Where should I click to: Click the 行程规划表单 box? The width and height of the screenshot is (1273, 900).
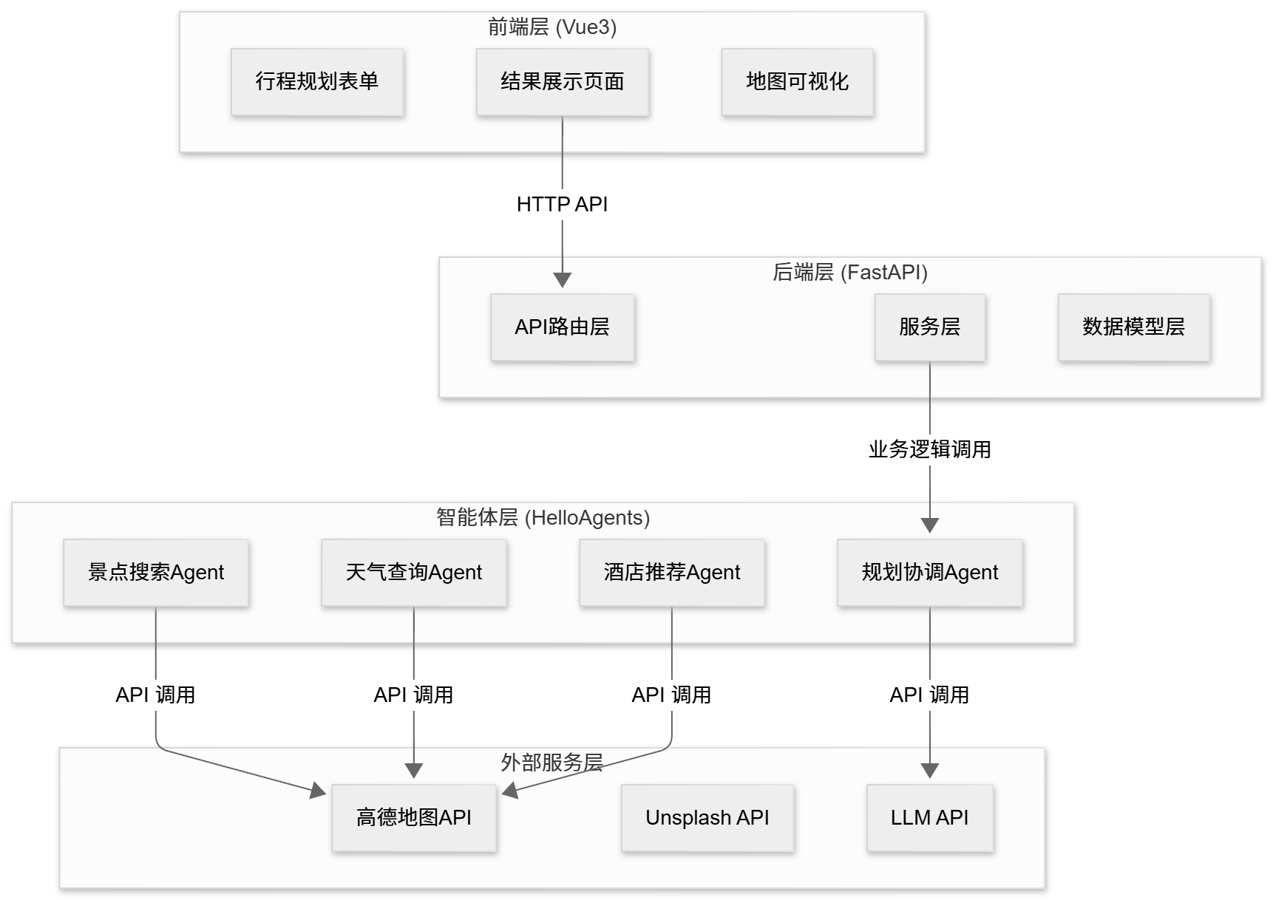(317, 81)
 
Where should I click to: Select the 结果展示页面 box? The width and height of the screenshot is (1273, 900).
(563, 81)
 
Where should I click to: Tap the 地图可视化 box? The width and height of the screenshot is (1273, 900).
(798, 81)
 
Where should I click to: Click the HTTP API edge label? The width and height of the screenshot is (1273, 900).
(563, 204)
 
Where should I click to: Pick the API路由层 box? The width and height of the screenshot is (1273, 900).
(563, 327)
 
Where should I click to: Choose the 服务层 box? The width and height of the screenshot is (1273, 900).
(930, 327)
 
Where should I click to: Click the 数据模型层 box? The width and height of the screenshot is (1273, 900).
(1134, 327)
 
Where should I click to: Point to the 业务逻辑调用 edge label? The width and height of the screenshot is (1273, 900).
(930, 449)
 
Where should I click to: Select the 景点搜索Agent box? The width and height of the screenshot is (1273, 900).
(156, 572)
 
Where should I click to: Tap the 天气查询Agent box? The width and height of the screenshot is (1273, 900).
(414, 572)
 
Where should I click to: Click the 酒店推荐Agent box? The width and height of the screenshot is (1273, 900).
(672, 572)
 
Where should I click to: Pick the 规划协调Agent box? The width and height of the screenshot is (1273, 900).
(930, 572)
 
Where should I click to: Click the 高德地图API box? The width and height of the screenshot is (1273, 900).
(414, 817)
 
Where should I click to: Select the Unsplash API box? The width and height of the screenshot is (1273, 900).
(707, 817)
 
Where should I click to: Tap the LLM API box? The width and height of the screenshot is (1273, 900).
(930, 817)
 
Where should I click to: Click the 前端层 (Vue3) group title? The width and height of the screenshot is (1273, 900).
(552, 27)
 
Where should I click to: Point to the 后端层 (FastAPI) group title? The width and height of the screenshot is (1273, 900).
(850, 273)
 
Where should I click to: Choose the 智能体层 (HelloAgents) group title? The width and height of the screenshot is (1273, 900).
(543, 518)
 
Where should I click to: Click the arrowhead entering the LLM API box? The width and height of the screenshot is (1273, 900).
(930, 771)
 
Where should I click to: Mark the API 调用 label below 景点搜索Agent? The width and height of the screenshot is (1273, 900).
(156, 695)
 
